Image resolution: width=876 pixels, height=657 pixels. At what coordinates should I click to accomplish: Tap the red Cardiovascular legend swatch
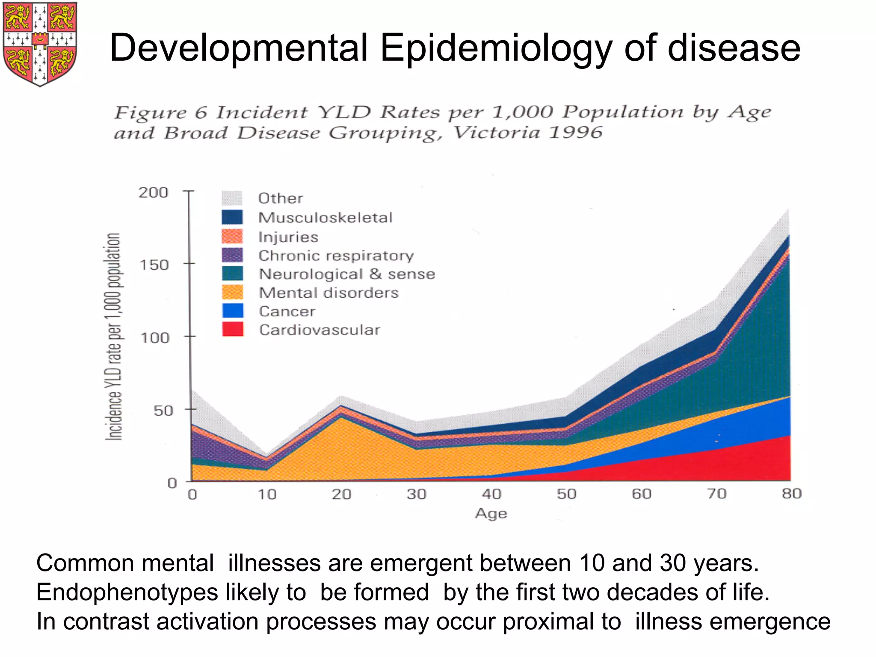pyautogui.click(x=233, y=329)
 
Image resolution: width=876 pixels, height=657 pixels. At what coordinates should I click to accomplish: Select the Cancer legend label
pyautogui.click(x=287, y=311)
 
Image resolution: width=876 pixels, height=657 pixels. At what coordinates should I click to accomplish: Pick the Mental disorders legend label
pyautogui.click(x=328, y=293)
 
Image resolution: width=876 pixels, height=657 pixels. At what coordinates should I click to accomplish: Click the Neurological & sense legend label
pyautogui.click(x=347, y=274)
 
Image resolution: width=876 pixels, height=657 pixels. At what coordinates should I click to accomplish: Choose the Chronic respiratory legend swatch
pyautogui.click(x=232, y=255)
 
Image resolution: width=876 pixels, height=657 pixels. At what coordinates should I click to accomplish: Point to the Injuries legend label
pyautogui.click(x=288, y=237)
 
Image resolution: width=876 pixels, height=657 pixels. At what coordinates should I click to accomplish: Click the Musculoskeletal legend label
pyautogui.click(x=325, y=218)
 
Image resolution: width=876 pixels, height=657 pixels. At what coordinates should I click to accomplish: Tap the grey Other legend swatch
pyautogui.click(x=232, y=198)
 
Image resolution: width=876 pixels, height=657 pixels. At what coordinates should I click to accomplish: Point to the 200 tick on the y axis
pyautogui.click(x=153, y=192)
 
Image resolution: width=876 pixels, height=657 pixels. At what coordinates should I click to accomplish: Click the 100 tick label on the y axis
pyautogui.click(x=155, y=338)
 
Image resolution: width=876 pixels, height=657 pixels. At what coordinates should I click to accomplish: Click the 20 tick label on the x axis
pyautogui.click(x=341, y=494)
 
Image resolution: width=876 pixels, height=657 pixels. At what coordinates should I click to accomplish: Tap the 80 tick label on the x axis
pyautogui.click(x=791, y=494)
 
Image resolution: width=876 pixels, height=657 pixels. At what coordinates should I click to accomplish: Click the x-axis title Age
pyautogui.click(x=491, y=514)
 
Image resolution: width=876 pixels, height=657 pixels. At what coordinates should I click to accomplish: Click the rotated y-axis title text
pyautogui.click(x=114, y=336)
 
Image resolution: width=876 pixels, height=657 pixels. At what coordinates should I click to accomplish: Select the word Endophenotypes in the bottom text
pyautogui.click(x=127, y=592)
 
